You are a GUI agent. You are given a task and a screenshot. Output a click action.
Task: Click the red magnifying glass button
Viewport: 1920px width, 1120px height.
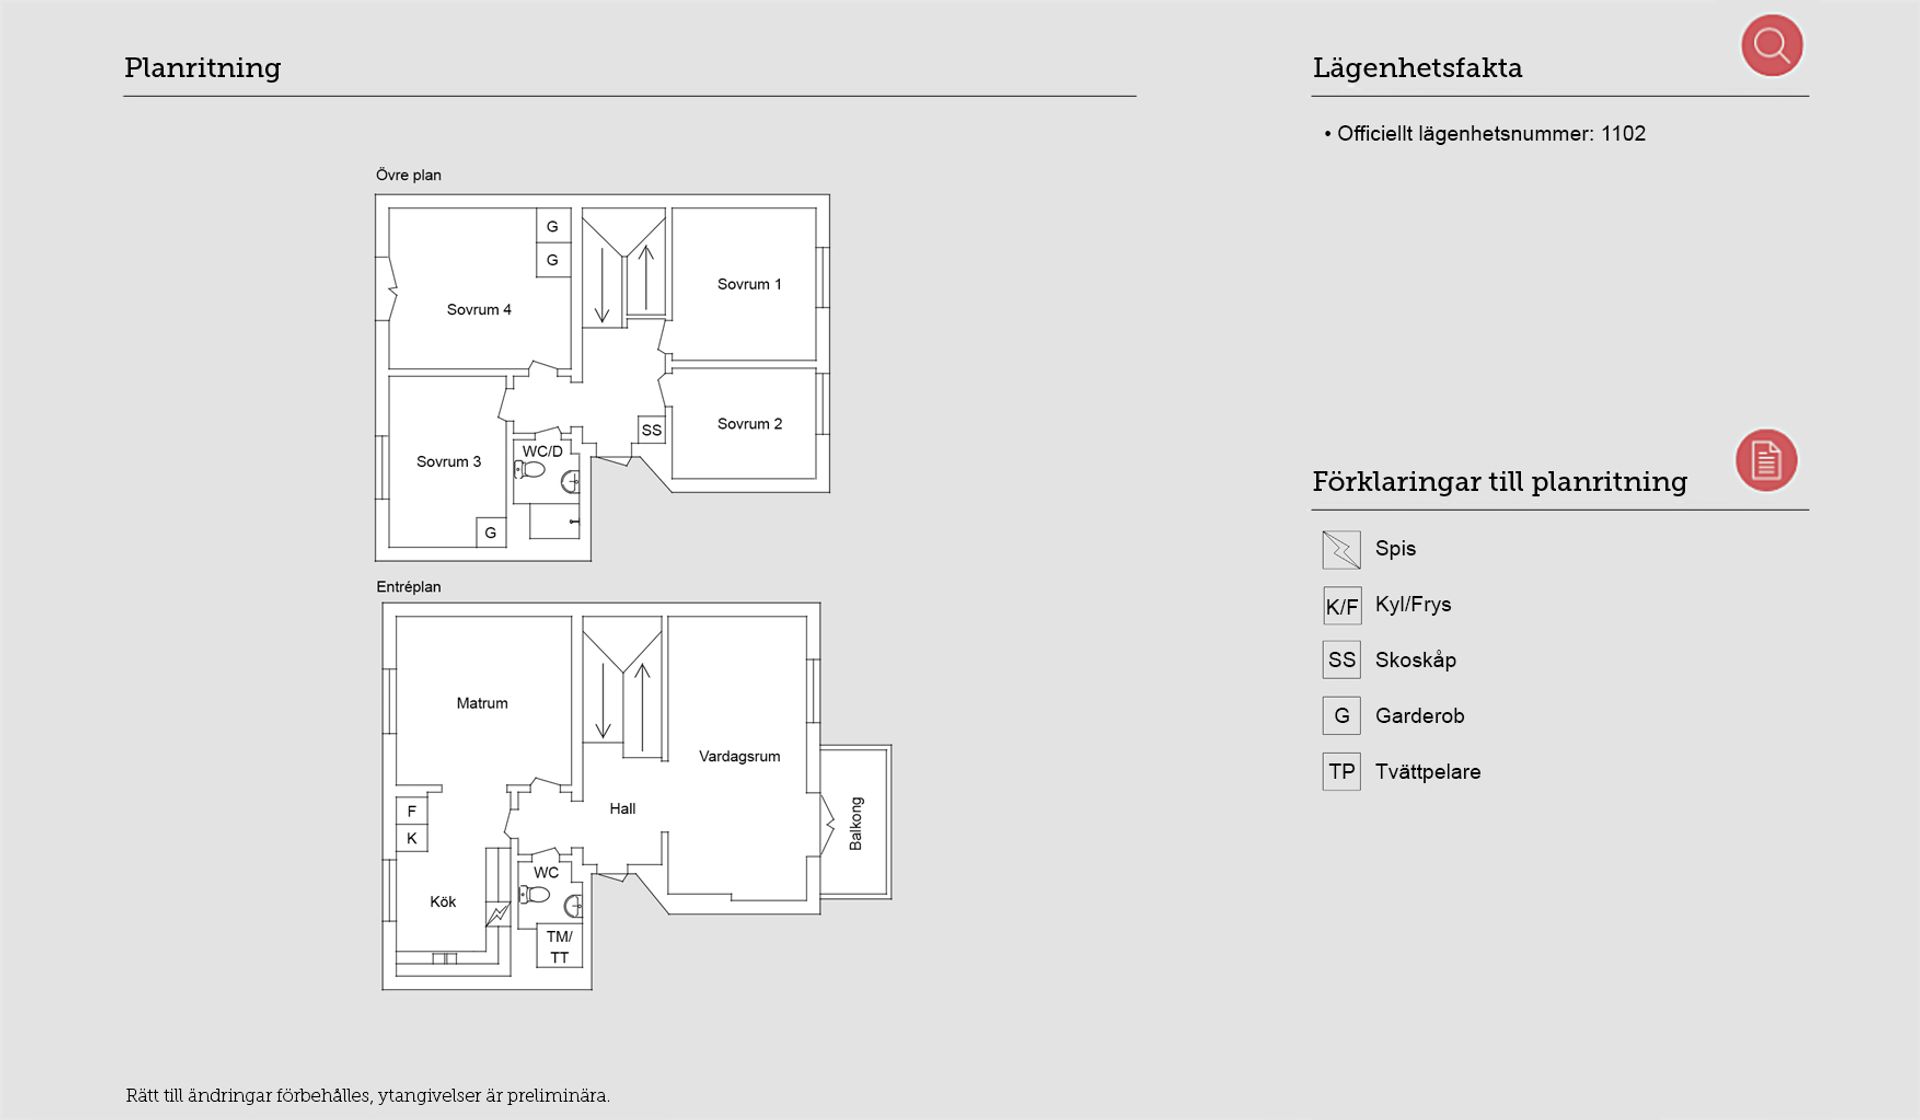(x=1772, y=45)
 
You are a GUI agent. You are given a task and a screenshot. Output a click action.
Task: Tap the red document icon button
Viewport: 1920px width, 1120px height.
(x=1766, y=460)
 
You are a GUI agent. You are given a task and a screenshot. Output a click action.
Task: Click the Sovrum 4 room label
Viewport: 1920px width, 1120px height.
(x=479, y=310)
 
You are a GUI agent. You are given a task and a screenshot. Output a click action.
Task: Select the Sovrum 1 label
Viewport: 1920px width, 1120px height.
(x=749, y=284)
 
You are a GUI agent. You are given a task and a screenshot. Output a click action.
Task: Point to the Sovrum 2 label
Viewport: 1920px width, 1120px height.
(x=749, y=424)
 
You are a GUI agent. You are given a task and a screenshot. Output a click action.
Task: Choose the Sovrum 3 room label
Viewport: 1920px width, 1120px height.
(x=449, y=462)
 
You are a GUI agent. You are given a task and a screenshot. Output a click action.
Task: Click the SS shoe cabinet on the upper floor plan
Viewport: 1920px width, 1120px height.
(x=652, y=430)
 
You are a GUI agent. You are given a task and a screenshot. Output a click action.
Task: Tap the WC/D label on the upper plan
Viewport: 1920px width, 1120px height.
(x=542, y=452)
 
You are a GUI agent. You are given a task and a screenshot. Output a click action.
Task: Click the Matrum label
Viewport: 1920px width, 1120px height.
(x=482, y=704)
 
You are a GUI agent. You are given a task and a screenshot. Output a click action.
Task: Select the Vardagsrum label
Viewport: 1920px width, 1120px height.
(x=739, y=757)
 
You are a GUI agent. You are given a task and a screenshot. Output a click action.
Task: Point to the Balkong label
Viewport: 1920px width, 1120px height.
(x=855, y=824)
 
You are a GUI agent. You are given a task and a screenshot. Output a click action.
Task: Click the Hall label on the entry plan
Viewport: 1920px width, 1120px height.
(x=622, y=809)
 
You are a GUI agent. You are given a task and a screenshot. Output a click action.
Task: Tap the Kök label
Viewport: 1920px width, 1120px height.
(x=443, y=902)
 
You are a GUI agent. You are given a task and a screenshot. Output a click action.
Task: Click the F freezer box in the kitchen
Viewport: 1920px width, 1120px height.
(x=412, y=811)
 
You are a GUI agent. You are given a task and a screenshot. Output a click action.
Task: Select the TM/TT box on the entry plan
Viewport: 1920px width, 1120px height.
(x=559, y=947)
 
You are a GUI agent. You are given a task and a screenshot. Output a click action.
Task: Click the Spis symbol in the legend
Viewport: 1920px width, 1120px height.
(x=1341, y=549)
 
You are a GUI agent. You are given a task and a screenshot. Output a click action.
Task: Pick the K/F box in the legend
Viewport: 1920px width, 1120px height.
(x=1341, y=606)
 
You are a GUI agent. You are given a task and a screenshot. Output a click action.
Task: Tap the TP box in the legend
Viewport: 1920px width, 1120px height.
(x=1341, y=772)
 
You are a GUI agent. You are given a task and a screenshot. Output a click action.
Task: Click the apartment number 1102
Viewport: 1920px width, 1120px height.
(x=1623, y=134)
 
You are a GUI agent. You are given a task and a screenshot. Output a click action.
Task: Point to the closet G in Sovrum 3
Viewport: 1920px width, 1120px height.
(x=491, y=533)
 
